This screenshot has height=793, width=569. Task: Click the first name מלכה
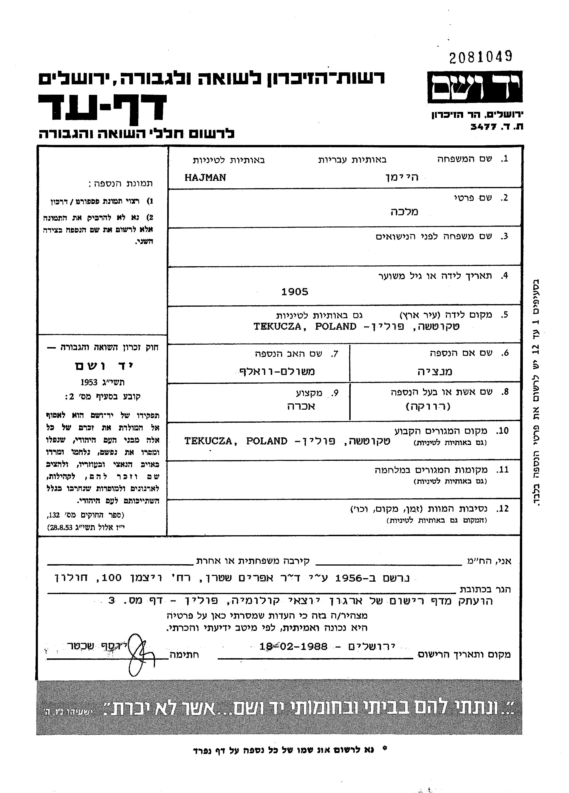[x=404, y=212]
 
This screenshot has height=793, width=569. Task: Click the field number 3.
[x=504, y=236]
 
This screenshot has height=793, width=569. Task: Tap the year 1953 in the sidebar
[x=89, y=382]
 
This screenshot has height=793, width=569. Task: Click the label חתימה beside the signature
[x=184, y=654]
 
